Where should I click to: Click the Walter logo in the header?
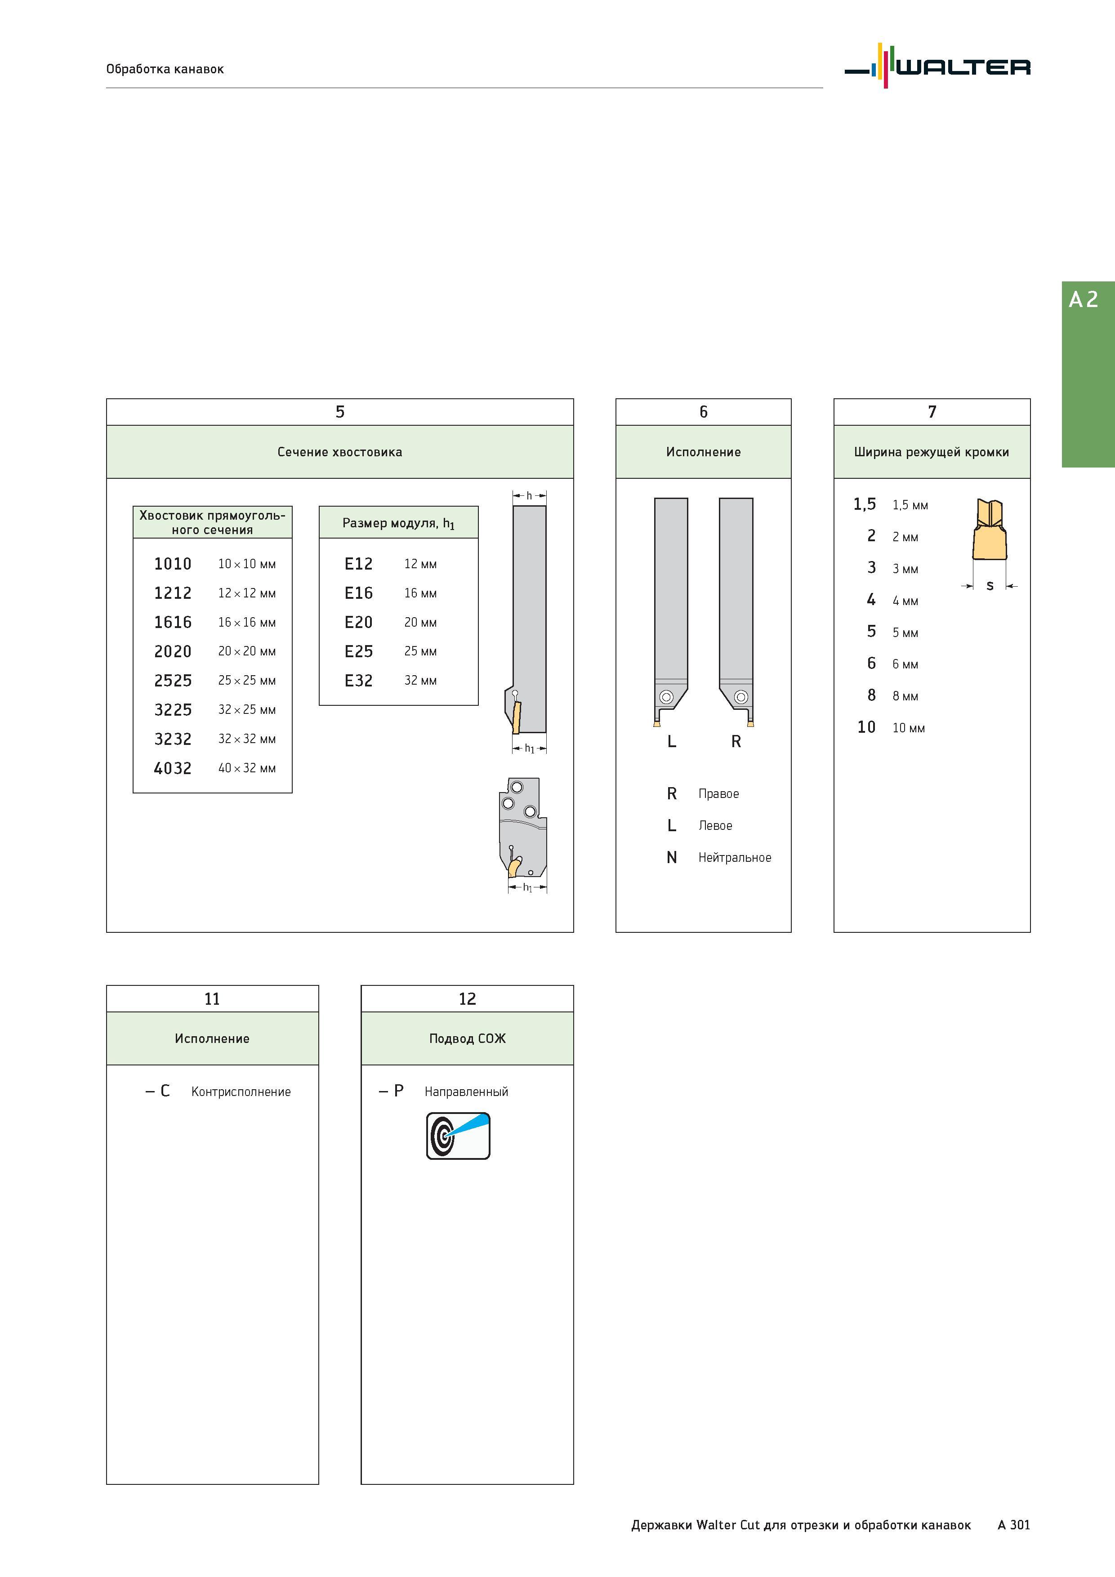point(937,66)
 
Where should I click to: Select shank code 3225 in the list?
point(173,709)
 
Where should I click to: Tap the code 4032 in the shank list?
point(173,768)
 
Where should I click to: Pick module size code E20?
point(358,622)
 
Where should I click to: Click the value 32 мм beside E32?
point(420,681)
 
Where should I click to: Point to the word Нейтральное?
point(734,857)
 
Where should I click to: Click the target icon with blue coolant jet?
point(458,1136)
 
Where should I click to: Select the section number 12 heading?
point(467,999)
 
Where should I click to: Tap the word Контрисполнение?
point(241,1092)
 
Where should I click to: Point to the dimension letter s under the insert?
point(990,586)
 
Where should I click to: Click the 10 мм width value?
point(908,728)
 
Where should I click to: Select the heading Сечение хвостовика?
point(339,452)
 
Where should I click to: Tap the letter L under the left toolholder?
point(672,742)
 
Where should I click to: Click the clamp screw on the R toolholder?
point(740,697)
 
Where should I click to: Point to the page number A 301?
point(1013,1525)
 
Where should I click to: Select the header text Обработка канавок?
point(165,69)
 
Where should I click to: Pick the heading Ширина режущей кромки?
point(932,452)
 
